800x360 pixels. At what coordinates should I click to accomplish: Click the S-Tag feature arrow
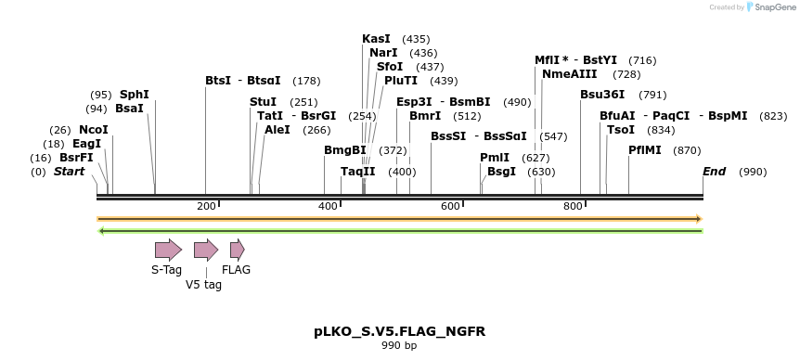pos(168,249)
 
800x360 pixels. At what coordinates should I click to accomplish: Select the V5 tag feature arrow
pos(205,249)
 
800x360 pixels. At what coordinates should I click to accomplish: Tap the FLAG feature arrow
pos(237,249)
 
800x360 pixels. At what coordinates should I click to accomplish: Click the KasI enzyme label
pos(376,39)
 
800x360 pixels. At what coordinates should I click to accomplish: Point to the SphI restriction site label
pos(135,95)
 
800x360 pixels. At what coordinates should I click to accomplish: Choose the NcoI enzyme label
pos(94,130)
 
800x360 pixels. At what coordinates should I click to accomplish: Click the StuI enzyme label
pos(264,102)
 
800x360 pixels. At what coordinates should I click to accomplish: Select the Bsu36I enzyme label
pos(602,95)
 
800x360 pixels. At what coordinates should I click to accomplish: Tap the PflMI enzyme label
pos(645,150)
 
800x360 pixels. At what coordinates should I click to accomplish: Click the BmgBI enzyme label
pos(345,150)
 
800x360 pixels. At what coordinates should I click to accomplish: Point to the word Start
pos(69,172)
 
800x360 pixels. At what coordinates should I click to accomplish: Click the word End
pos(714,172)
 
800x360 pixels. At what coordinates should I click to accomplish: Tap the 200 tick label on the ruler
pos(206,206)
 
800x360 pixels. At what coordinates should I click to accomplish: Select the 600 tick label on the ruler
pos(451,206)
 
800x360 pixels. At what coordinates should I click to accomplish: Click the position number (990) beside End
pos(753,173)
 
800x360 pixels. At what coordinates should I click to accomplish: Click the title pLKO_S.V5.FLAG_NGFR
pos(399,331)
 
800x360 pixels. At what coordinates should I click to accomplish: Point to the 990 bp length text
pos(399,346)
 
